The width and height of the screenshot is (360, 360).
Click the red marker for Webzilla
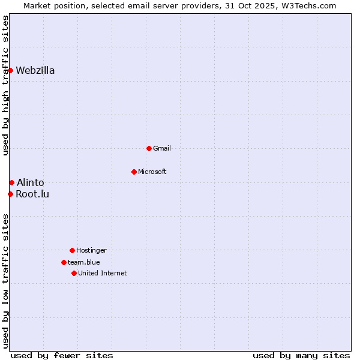click(10, 70)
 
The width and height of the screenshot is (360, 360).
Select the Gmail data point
click(149, 148)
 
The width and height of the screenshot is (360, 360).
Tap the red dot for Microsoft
click(134, 172)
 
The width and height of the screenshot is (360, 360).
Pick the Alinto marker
click(11, 182)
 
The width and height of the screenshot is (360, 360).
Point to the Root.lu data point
click(10, 194)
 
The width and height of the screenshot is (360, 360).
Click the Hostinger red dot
click(72, 250)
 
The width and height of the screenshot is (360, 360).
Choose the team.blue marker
click(64, 262)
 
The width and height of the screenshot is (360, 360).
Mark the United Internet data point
click(74, 273)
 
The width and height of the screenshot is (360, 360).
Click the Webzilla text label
click(35, 70)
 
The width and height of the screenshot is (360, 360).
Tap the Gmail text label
click(162, 148)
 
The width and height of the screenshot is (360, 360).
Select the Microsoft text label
click(152, 172)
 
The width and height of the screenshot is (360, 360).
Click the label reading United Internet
click(103, 273)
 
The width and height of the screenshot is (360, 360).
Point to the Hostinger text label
click(91, 250)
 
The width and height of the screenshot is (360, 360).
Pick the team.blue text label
click(84, 262)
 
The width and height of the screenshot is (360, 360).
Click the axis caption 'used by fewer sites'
click(62, 355)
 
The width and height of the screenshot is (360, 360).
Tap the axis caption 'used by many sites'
click(301, 355)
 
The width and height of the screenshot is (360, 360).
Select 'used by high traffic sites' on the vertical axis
click(5, 85)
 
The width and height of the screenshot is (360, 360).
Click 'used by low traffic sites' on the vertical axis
click(5, 281)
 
